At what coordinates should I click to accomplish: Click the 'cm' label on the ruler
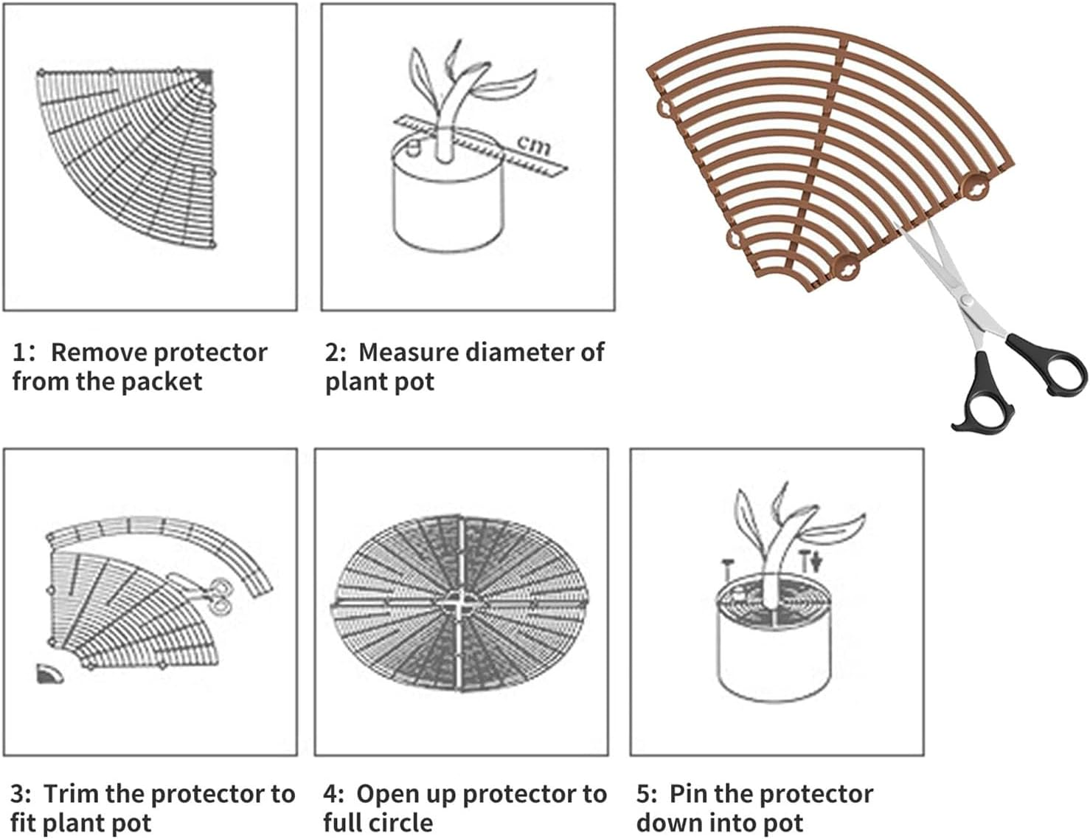tap(534, 145)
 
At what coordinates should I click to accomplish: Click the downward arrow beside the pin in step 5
tap(816, 564)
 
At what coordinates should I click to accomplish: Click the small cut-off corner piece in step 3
tap(49, 674)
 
